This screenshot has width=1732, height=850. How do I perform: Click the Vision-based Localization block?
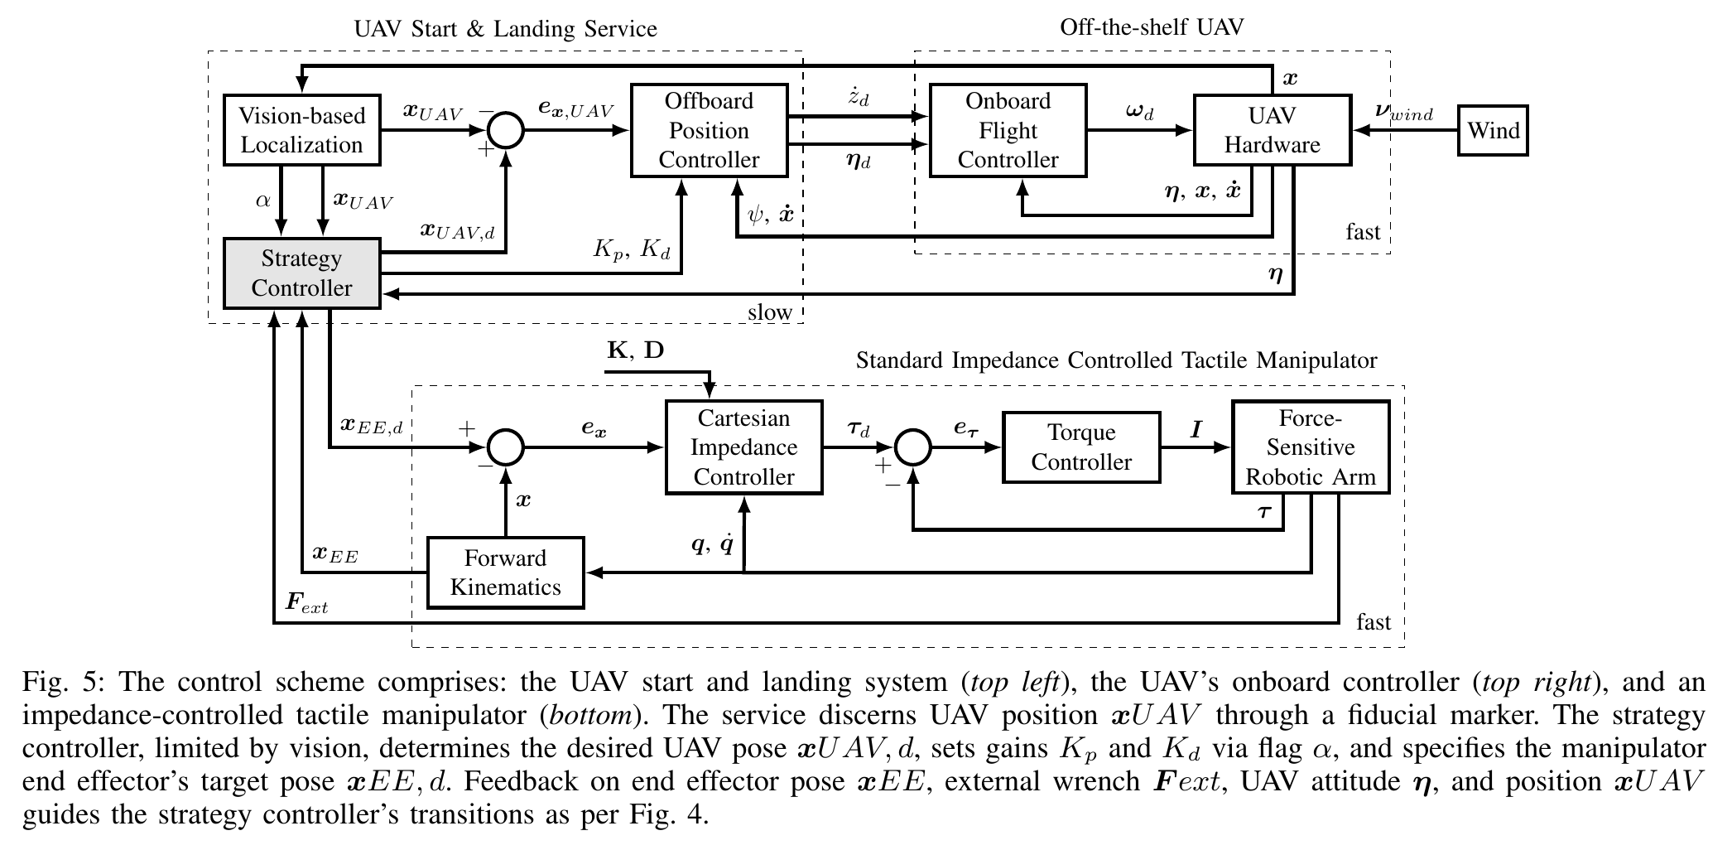click(x=301, y=130)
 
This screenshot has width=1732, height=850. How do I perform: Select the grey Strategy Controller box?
click(x=301, y=273)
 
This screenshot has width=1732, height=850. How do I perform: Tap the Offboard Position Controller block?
click(x=709, y=130)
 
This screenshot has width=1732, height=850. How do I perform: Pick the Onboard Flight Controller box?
click(x=1008, y=130)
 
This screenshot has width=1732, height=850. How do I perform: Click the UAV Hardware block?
click(x=1272, y=130)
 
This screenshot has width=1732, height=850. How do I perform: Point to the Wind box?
click(x=1493, y=130)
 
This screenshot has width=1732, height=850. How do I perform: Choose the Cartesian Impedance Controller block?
click(x=743, y=447)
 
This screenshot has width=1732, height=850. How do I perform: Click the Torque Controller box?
click(x=1080, y=447)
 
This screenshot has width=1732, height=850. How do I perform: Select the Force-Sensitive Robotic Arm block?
click(x=1310, y=447)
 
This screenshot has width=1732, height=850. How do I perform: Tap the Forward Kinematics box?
click(x=505, y=572)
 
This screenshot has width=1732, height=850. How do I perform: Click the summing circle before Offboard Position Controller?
click(x=505, y=130)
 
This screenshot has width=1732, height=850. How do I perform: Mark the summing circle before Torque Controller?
click(x=913, y=447)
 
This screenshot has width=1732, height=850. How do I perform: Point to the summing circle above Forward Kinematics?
click(x=505, y=447)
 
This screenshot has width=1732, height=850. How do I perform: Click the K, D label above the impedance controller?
click(x=635, y=350)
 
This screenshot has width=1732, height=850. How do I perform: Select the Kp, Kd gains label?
click(x=631, y=249)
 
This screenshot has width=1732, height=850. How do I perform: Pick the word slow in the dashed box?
click(x=770, y=312)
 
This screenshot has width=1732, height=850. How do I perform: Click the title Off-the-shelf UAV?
click(x=1152, y=27)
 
